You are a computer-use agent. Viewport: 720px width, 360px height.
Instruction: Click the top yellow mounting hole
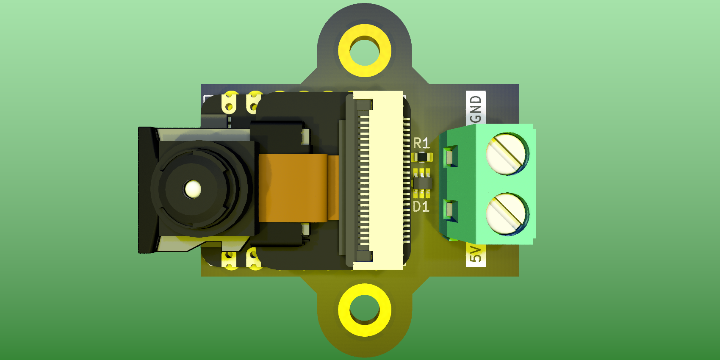pos(364,50)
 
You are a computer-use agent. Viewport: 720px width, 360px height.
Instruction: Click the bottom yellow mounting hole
pos(364,310)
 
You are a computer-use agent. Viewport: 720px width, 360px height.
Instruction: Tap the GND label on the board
pos(476,108)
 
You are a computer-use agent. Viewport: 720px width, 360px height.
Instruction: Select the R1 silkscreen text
pos(421,143)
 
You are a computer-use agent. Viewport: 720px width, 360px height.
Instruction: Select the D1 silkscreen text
pos(421,207)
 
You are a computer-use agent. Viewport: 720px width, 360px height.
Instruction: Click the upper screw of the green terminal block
pos(507,153)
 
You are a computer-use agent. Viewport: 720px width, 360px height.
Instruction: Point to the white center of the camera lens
pos(193,189)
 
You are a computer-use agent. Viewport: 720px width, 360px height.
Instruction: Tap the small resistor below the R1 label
pos(422,157)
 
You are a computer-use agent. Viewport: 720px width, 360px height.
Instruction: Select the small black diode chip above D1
pos(422,183)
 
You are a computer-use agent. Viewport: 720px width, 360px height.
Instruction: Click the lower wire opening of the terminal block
pos(450,210)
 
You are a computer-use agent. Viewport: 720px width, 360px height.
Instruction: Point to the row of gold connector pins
pos(364,180)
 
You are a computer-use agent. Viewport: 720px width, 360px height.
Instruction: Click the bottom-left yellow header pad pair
pos(230,259)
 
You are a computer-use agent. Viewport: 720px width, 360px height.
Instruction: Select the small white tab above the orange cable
pos(305,136)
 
